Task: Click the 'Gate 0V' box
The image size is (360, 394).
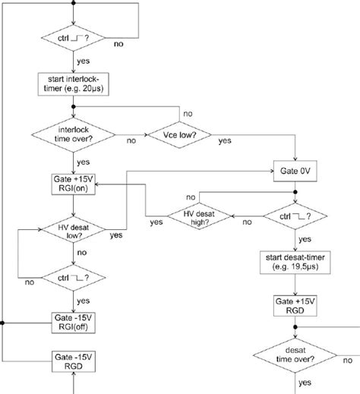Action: tap(292, 172)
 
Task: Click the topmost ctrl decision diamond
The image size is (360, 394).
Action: tap(74, 37)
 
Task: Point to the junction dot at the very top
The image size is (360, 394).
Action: tap(74, 3)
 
